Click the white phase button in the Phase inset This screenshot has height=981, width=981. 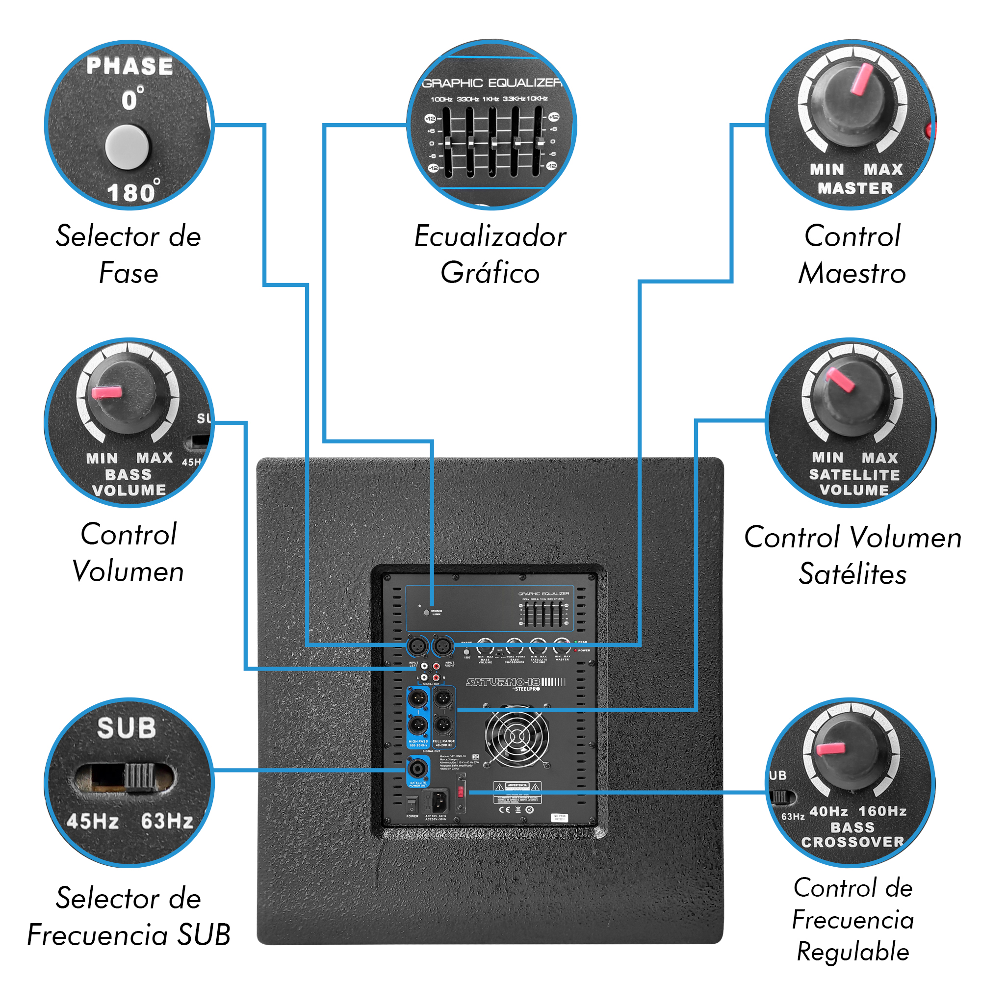(x=127, y=147)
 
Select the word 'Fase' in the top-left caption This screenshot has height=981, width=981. (x=129, y=273)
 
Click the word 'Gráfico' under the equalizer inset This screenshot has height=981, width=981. (x=490, y=273)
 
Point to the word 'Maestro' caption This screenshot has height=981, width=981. (x=852, y=273)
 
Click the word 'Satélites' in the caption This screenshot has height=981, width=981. (x=852, y=574)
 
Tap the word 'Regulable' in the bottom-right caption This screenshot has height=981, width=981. (x=852, y=951)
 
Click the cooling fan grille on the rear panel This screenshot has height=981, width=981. (x=517, y=736)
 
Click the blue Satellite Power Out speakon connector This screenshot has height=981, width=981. (x=417, y=769)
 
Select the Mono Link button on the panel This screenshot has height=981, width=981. (x=427, y=613)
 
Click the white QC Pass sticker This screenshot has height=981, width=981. (x=559, y=818)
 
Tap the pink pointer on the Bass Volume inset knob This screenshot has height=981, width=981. (x=106, y=392)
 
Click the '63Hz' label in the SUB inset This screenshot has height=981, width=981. (x=167, y=821)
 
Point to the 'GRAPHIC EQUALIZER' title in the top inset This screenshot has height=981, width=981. (x=491, y=83)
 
